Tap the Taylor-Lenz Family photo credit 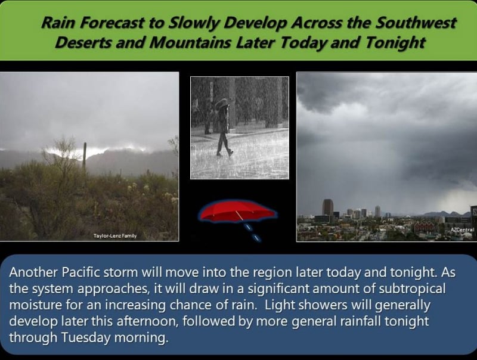pos(115,235)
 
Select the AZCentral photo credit pos(462,229)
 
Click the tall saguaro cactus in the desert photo pos(84,155)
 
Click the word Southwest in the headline pos(416,23)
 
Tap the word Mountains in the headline pos(190,42)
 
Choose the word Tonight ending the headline pos(395,42)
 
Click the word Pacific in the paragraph pos(81,272)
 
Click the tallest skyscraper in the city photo pos(327,207)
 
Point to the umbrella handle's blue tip pos(258,238)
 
